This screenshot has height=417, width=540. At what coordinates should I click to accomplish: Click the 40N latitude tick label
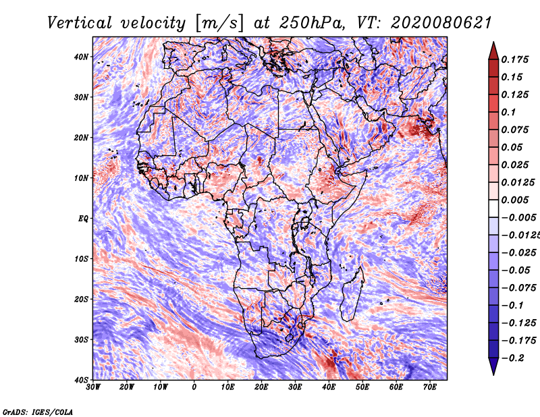(x=81, y=57)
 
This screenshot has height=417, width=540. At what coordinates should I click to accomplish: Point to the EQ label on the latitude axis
(x=83, y=219)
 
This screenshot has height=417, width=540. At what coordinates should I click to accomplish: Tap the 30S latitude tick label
(x=81, y=340)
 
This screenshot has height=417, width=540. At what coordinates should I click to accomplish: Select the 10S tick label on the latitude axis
(x=81, y=259)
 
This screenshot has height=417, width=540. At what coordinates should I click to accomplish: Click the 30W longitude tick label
(x=93, y=387)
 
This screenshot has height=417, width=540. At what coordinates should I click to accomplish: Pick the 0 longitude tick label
(x=194, y=387)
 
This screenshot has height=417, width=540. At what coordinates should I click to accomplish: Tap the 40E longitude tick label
(x=329, y=387)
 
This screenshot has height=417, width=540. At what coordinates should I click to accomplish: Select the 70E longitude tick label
(x=430, y=387)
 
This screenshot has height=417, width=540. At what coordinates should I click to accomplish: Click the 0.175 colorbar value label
(x=515, y=59)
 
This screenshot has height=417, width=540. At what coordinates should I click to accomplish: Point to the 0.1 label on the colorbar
(x=509, y=112)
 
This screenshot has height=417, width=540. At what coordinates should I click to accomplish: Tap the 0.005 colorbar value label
(x=515, y=200)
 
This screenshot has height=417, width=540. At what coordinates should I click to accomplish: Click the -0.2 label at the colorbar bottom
(x=512, y=358)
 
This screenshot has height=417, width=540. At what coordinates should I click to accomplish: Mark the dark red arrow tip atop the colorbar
(x=493, y=43)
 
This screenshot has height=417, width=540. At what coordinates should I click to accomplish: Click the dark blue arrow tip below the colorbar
(x=493, y=374)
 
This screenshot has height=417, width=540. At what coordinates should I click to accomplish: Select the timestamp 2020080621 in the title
(x=441, y=23)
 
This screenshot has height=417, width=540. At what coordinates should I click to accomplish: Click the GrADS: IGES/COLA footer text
(x=38, y=412)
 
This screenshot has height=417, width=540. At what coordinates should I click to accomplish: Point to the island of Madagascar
(x=352, y=295)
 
